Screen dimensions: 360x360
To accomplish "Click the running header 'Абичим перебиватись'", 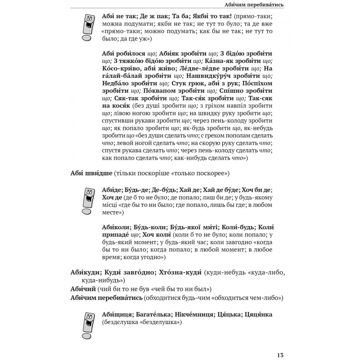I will pyautogui.click(x=254, y=5).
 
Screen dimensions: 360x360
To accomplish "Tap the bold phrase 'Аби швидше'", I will pyautogui.click(x=91, y=173).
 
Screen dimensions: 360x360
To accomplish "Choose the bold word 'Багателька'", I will pyautogui.click(x=154, y=314).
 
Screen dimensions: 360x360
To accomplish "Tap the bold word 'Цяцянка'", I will pyautogui.click(x=258, y=314).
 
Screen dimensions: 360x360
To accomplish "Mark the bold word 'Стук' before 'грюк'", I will pyautogui.click(x=180, y=83).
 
